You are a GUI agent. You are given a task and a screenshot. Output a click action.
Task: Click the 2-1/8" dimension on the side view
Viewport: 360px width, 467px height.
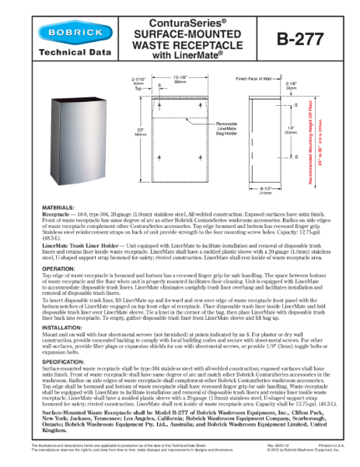pyautogui.click(x=292, y=83)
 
